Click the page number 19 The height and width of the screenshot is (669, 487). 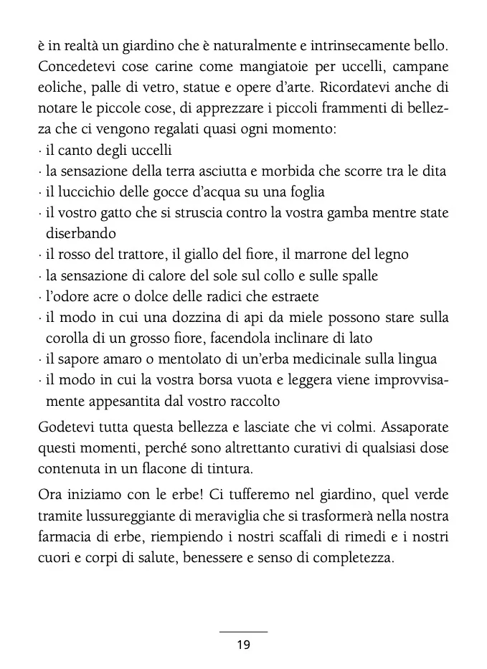coord(242,645)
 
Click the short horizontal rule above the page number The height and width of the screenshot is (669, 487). coord(242,632)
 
